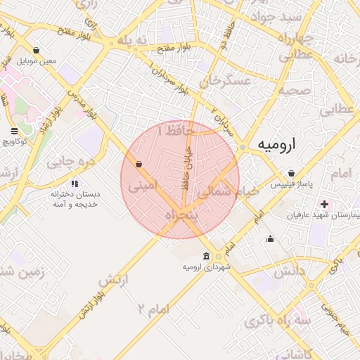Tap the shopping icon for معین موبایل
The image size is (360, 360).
point(37,51)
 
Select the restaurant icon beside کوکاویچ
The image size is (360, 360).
point(15,131)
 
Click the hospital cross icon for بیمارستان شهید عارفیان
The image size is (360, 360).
point(324,204)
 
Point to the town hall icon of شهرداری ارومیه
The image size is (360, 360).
point(206,256)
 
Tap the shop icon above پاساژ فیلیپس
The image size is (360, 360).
point(291,173)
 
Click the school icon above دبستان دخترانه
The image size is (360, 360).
point(75,184)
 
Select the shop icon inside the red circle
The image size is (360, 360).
point(139,164)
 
